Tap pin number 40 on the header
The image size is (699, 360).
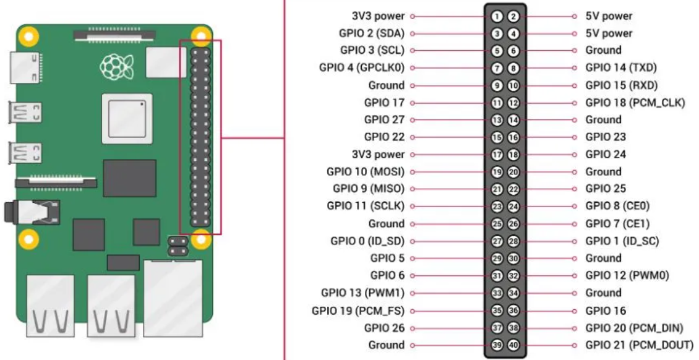(513, 345)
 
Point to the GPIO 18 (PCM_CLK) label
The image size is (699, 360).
(635, 103)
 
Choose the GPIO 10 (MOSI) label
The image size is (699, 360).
(366, 172)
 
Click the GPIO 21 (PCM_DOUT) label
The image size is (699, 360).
(639, 345)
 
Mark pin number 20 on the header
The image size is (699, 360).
(513, 172)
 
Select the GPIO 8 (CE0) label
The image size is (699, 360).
(617, 207)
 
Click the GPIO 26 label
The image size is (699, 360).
(384, 328)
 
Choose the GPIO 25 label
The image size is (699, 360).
(606, 189)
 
